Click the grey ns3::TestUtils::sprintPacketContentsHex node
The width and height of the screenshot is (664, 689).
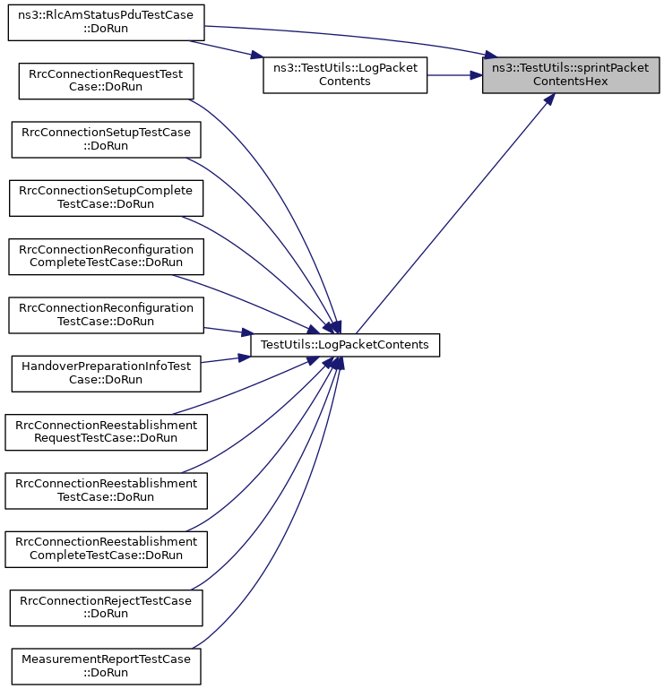pos(571,74)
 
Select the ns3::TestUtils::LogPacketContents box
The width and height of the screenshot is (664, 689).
pos(345,74)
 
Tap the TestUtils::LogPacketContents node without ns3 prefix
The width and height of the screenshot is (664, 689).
pos(345,345)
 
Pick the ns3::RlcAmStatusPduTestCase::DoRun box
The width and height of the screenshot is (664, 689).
pos(106,23)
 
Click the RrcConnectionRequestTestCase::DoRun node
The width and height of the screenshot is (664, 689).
pos(106,81)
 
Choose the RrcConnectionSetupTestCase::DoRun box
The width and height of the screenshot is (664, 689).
pos(106,139)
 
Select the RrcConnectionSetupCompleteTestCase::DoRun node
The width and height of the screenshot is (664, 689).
pos(106,198)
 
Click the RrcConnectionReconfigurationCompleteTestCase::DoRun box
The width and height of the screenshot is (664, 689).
pos(106,256)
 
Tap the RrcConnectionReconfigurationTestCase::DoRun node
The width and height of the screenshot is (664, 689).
pos(106,315)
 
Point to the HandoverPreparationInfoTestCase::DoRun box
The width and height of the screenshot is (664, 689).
pos(106,374)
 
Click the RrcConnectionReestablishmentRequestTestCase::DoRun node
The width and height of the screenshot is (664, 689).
pos(106,432)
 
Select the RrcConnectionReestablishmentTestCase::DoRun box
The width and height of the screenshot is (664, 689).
pos(106,491)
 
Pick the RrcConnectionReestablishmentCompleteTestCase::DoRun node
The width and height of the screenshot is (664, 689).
pos(106,549)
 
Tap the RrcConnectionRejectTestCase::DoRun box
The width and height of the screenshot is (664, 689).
pos(106,607)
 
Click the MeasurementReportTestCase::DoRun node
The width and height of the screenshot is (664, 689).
pos(106,666)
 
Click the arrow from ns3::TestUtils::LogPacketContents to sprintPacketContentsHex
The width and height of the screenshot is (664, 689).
pos(455,75)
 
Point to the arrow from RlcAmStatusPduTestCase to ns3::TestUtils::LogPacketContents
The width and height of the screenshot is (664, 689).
pos(227,49)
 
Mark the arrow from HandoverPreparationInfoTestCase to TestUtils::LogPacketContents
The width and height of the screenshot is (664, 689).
pos(226,359)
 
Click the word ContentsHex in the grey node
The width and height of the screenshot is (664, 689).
pos(571,82)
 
